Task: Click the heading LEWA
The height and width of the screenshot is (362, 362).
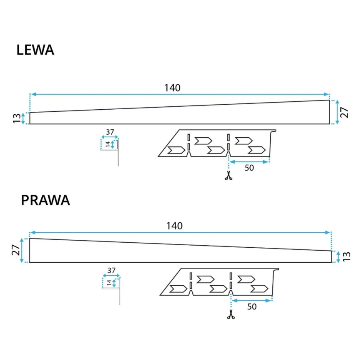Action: point(35,50)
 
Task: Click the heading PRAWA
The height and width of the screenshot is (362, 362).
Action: point(45,201)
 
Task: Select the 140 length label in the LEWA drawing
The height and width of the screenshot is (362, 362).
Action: point(172,88)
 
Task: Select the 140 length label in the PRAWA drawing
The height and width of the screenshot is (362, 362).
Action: point(174,226)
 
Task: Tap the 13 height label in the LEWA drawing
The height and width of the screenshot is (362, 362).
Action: point(16,118)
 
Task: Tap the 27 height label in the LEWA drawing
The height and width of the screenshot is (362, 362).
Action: point(344,112)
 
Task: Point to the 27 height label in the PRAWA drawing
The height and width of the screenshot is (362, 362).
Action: point(16,250)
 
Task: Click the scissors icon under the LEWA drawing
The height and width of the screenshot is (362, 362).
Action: point(228,176)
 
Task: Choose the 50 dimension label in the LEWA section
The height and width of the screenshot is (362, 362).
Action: point(249,168)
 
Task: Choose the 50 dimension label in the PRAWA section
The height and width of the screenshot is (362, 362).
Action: point(252,307)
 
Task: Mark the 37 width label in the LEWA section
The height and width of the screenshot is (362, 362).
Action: point(110,132)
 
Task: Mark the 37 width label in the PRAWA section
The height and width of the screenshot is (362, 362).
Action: point(111,270)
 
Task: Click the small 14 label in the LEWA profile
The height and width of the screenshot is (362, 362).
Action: point(108,144)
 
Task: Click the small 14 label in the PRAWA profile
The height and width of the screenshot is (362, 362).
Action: point(109,283)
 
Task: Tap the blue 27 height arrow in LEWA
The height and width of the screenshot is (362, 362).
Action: point(337,112)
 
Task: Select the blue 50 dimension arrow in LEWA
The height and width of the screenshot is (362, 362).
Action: point(249,161)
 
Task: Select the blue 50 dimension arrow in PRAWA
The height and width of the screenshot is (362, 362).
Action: point(252,300)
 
